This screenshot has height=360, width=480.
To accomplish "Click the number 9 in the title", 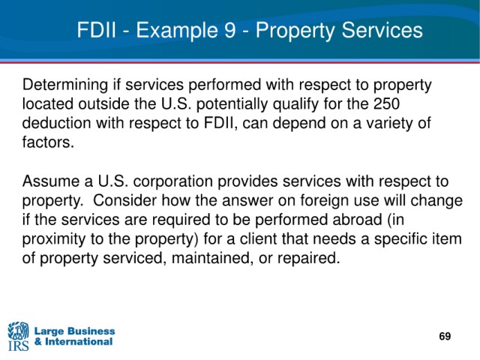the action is pyautogui.click(x=229, y=30).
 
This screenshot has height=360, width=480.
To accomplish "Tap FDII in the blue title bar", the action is pyautogui.click(x=97, y=30).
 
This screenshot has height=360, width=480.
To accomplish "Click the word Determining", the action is pyautogui.click(x=65, y=85).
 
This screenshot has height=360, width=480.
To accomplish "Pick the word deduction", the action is pyautogui.click(x=56, y=123).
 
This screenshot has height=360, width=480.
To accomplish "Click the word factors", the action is pyautogui.click(x=48, y=142).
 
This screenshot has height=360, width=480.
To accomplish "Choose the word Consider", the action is pyautogui.click(x=125, y=200).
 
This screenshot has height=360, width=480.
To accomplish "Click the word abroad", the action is pyautogui.click(x=357, y=220).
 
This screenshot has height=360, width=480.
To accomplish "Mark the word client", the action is pyautogui.click(x=258, y=238).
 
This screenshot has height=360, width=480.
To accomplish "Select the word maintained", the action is pyautogui.click(x=213, y=258).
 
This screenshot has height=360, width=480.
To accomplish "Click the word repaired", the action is pyautogui.click(x=309, y=259).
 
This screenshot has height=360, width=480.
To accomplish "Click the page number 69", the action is pyautogui.click(x=445, y=336).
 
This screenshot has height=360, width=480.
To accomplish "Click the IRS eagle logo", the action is pyautogui.click(x=18, y=335).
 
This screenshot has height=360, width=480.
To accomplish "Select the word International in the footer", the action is pyautogui.click(x=79, y=341).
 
